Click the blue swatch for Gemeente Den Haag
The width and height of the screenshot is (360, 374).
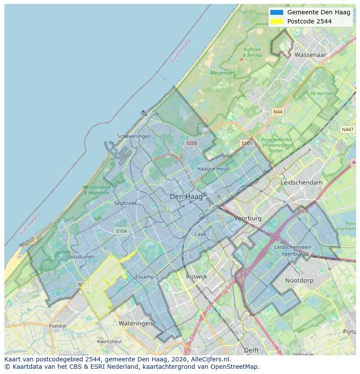276,12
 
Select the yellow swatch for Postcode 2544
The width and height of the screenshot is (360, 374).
276,21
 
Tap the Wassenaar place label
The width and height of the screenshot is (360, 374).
310,55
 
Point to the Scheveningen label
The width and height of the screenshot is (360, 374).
134,136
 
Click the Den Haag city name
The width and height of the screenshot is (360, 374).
186,197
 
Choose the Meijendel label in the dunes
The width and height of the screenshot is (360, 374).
222,73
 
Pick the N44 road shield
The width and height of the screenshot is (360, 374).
277,112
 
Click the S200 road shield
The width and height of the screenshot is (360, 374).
191,143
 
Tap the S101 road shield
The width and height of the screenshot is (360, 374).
247,143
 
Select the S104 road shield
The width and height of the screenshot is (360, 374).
121,231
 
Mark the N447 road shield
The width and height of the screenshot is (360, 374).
347,129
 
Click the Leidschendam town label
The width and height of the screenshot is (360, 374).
302,183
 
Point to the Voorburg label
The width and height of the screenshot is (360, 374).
248,218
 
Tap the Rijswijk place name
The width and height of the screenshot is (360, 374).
197,276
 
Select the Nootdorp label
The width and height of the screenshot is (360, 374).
299,281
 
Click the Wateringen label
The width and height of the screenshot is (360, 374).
135,324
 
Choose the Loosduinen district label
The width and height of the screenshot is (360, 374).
80,257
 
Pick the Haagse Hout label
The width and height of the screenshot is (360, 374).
213,169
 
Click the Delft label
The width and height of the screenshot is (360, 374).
251,350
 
